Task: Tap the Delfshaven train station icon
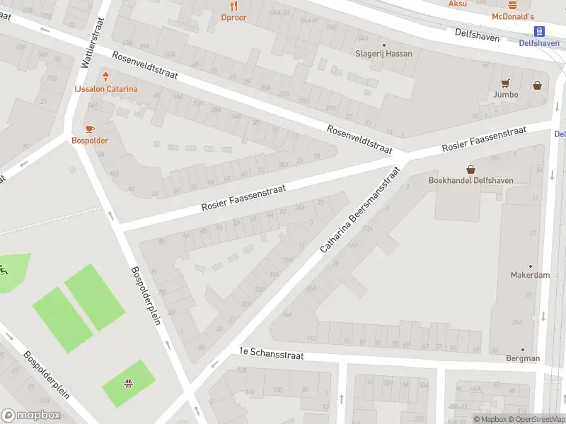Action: click(540, 31)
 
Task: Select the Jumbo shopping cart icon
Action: click(505, 83)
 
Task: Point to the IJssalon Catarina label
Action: click(106, 89)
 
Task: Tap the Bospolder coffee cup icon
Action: click(89, 129)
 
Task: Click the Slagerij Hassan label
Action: click(383, 54)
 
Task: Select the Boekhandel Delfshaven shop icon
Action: click(471, 169)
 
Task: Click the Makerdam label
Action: click(530, 275)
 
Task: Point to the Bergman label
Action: click(523, 358)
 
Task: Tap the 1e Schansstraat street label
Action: click(271, 355)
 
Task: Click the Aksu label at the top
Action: click(458, 4)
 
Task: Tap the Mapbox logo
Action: click(31, 416)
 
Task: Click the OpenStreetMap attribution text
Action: click(538, 419)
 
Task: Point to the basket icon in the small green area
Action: click(129, 384)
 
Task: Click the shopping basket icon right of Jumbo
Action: click(538, 86)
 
